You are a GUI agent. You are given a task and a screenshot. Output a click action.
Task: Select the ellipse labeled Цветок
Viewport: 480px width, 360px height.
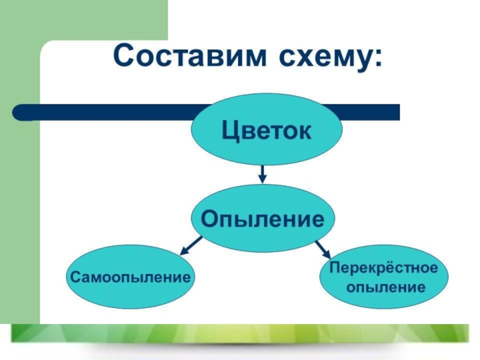coord(266,129)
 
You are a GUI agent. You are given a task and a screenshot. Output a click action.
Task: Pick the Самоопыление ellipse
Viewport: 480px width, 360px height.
coord(131,277)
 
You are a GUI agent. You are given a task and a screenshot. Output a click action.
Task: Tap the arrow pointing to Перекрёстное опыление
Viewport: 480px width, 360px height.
coord(323,248)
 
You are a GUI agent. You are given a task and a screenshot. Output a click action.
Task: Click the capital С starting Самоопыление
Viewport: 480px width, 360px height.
coord(75,277)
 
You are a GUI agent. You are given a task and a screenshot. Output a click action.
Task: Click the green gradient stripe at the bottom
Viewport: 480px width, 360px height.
coord(240,333)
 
